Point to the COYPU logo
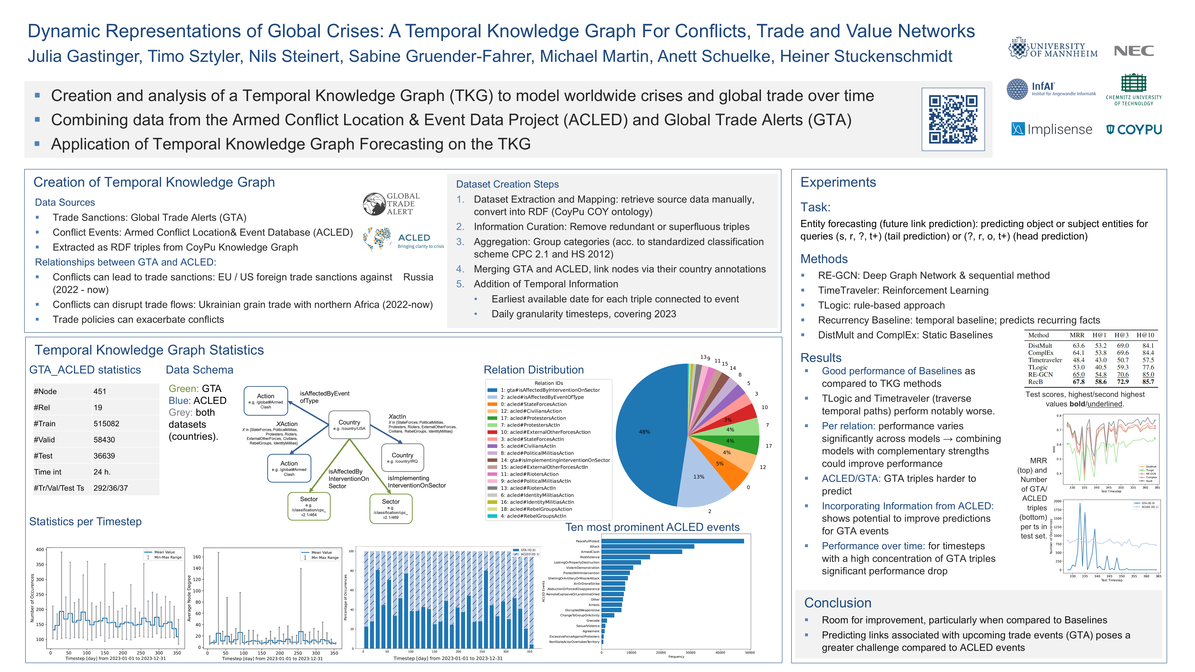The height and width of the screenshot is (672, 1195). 1134,129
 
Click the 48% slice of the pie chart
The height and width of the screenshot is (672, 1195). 650,431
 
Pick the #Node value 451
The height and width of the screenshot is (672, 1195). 100,391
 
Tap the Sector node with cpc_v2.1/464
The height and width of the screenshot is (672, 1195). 309,506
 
